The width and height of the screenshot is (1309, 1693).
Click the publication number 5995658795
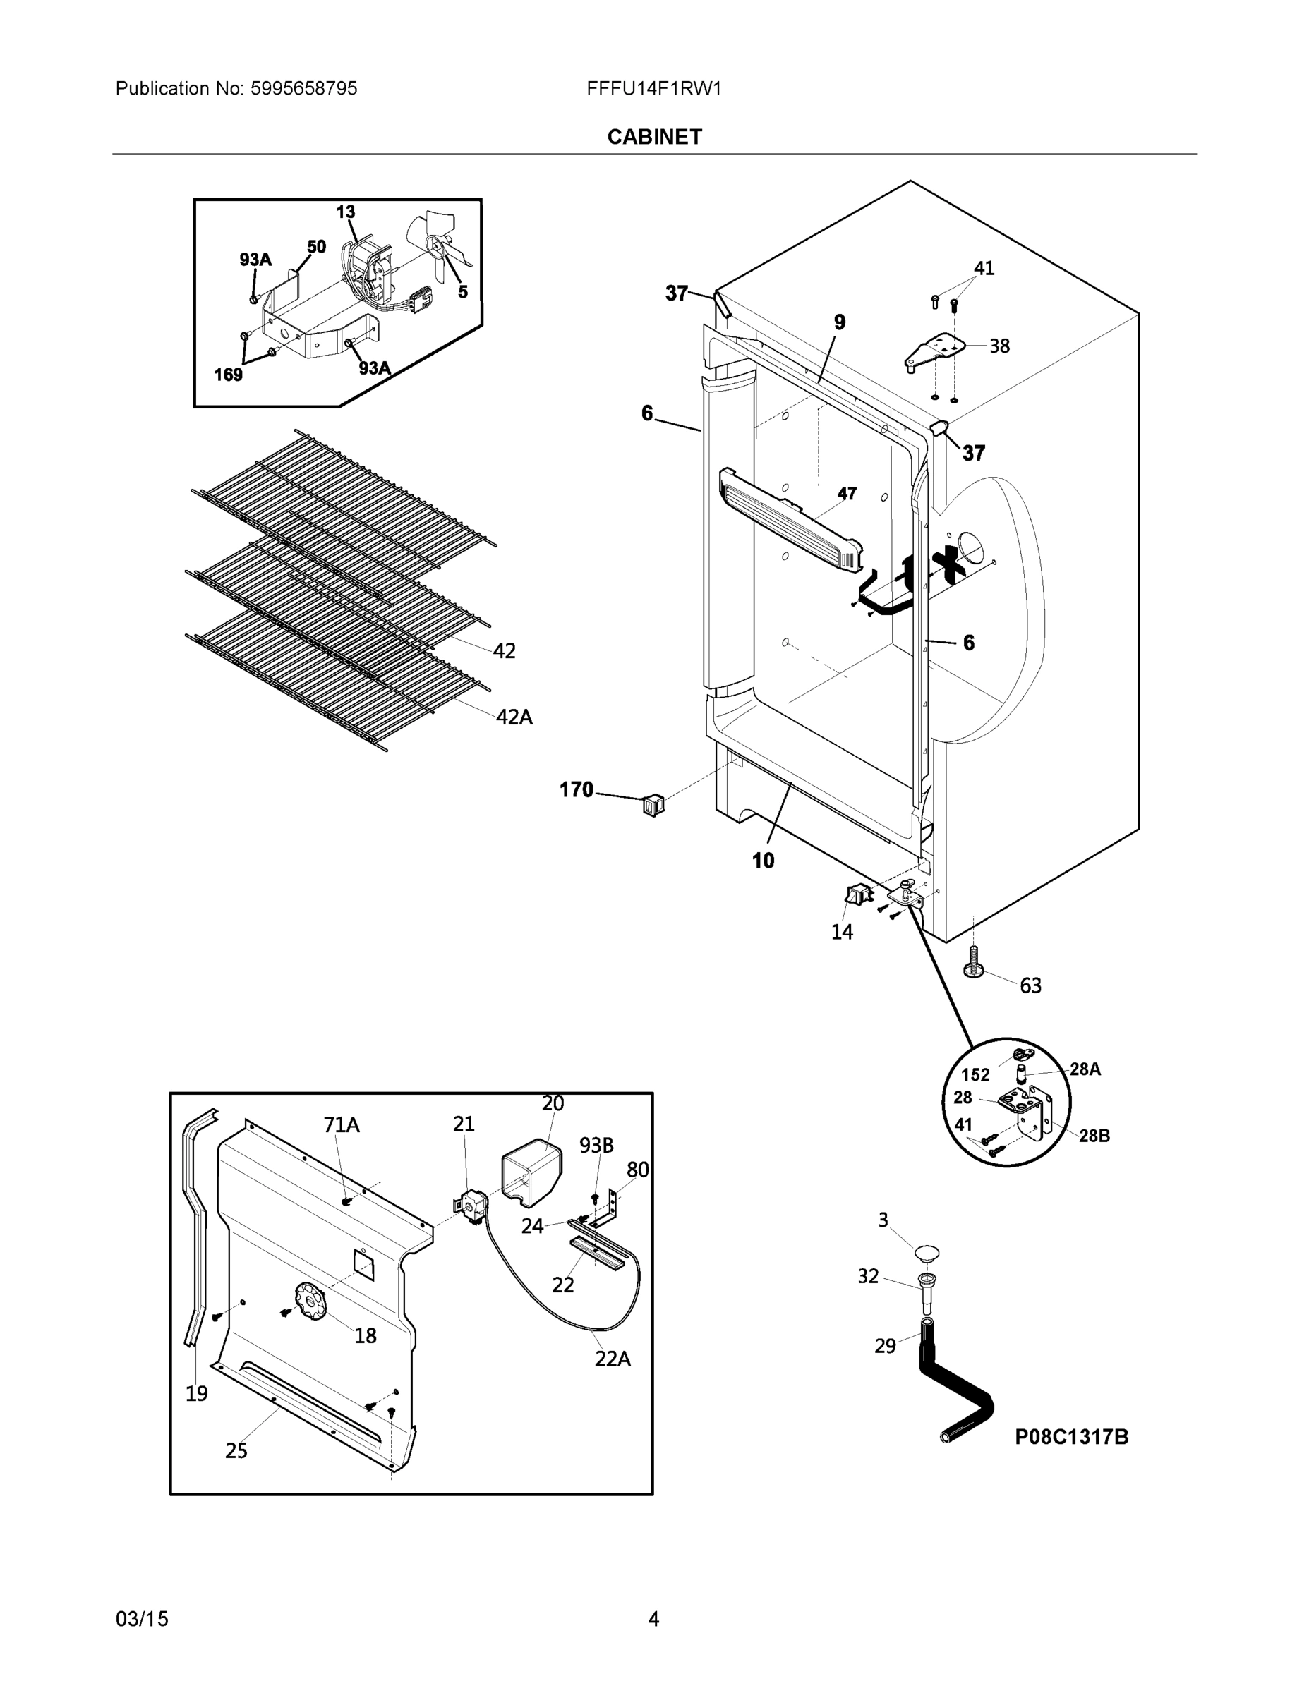click(x=303, y=88)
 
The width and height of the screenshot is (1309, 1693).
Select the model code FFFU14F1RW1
click(x=653, y=88)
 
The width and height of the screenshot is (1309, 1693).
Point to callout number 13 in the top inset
click(x=346, y=212)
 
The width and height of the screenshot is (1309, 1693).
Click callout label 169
click(x=228, y=375)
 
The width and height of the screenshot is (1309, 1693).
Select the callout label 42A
click(x=514, y=717)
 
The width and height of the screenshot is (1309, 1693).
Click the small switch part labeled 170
click(x=653, y=806)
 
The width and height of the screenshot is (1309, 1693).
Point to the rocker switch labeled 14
click(x=857, y=897)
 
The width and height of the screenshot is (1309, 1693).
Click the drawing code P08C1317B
click(x=1072, y=1436)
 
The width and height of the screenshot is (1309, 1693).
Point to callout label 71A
click(x=342, y=1125)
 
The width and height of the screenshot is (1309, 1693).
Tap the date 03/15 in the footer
click(x=142, y=1619)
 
